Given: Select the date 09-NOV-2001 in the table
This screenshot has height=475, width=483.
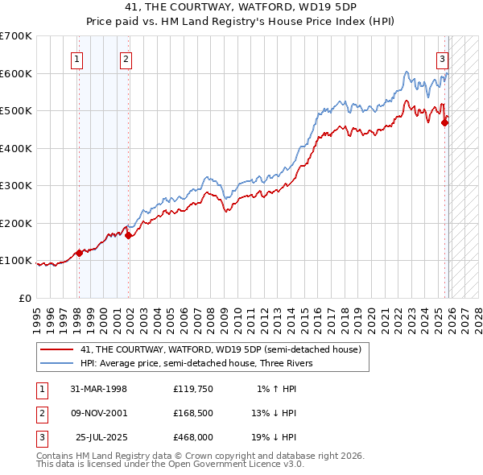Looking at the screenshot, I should pyautogui.click(x=99, y=413).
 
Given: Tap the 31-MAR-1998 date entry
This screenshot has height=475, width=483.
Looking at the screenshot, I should pyautogui.click(x=99, y=389).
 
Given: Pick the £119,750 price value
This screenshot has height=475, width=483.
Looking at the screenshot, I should pyautogui.click(x=192, y=389).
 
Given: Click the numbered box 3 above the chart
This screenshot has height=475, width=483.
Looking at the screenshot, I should pyautogui.click(x=443, y=58).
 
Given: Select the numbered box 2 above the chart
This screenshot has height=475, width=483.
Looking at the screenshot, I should pyautogui.click(x=126, y=58).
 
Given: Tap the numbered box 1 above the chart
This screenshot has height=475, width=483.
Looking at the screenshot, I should pyautogui.click(x=77, y=58).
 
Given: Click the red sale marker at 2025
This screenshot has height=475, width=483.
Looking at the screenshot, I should pyautogui.click(x=445, y=122).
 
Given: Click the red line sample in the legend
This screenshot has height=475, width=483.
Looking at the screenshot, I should pyautogui.click(x=56, y=349).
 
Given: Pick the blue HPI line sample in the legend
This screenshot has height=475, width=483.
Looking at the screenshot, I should pyautogui.click(x=56, y=363).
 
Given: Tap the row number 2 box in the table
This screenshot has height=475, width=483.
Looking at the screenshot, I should pyautogui.click(x=40, y=413).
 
